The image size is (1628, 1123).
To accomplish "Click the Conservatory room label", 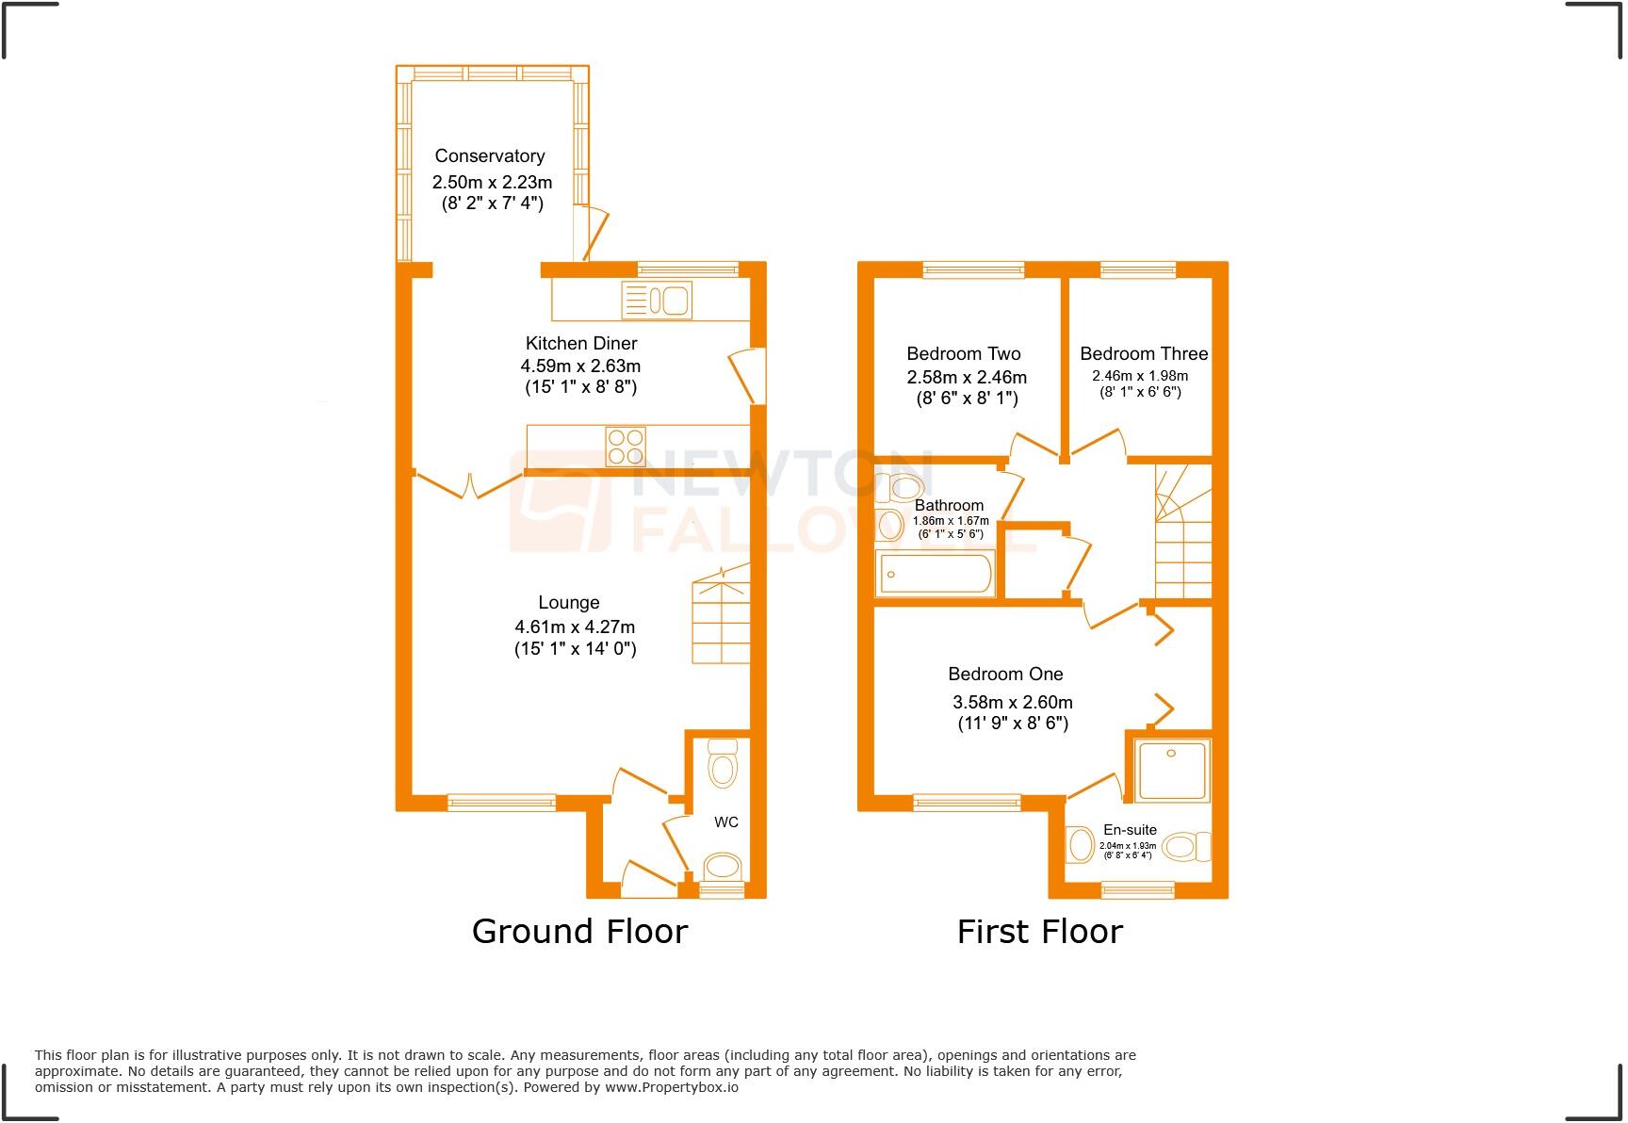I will click(x=489, y=156).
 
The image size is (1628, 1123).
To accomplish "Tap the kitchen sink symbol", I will click(x=657, y=301).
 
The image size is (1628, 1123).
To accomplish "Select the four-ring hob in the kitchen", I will click(x=626, y=447).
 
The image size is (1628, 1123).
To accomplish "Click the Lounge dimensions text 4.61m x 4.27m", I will click(x=574, y=627).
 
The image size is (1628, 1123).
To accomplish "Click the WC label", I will click(x=725, y=822).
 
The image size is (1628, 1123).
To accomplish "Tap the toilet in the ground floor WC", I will click(x=723, y=763).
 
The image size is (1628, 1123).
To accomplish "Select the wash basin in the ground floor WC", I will click(x=723, y=866).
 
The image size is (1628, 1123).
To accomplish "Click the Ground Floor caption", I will click(x=579, y=931).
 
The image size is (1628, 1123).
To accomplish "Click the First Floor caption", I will click(x=1039, y=931).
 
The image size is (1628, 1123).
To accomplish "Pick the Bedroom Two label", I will click(x=963, y=354).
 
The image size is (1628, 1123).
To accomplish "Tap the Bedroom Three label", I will click(x=1143, y=354).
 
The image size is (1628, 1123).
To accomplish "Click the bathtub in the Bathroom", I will click(x=935, y=574).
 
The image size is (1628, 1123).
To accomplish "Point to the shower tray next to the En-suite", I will click(x=1171, y=771).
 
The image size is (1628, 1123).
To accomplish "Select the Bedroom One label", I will click(x=1005, y=675).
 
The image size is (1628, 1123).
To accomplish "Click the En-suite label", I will click(x=1130, y=830).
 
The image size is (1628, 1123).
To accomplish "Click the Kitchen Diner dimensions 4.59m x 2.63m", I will click(x=580, y=366).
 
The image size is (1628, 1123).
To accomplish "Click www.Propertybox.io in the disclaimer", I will click(x=671, y=1087).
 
